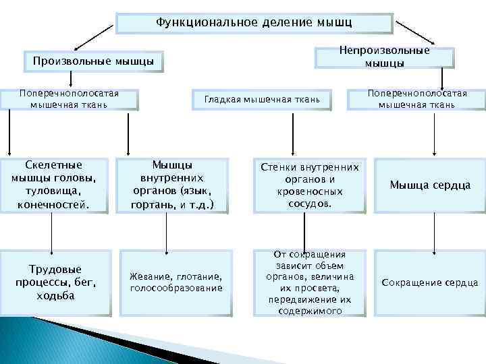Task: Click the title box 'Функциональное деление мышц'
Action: [x=254, y=23]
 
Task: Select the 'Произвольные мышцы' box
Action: [x=93, y=63]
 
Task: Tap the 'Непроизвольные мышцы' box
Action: [x=384, y=57]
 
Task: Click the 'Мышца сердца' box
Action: [x=430, y=185]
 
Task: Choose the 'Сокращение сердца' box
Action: [x=430, y=282]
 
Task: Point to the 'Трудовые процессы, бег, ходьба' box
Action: [x=56, y=282]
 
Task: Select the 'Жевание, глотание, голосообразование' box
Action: [x=176, y=282]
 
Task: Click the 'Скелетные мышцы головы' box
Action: [x=54, y=185]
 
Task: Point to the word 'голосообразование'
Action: [x=176, y=289]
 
